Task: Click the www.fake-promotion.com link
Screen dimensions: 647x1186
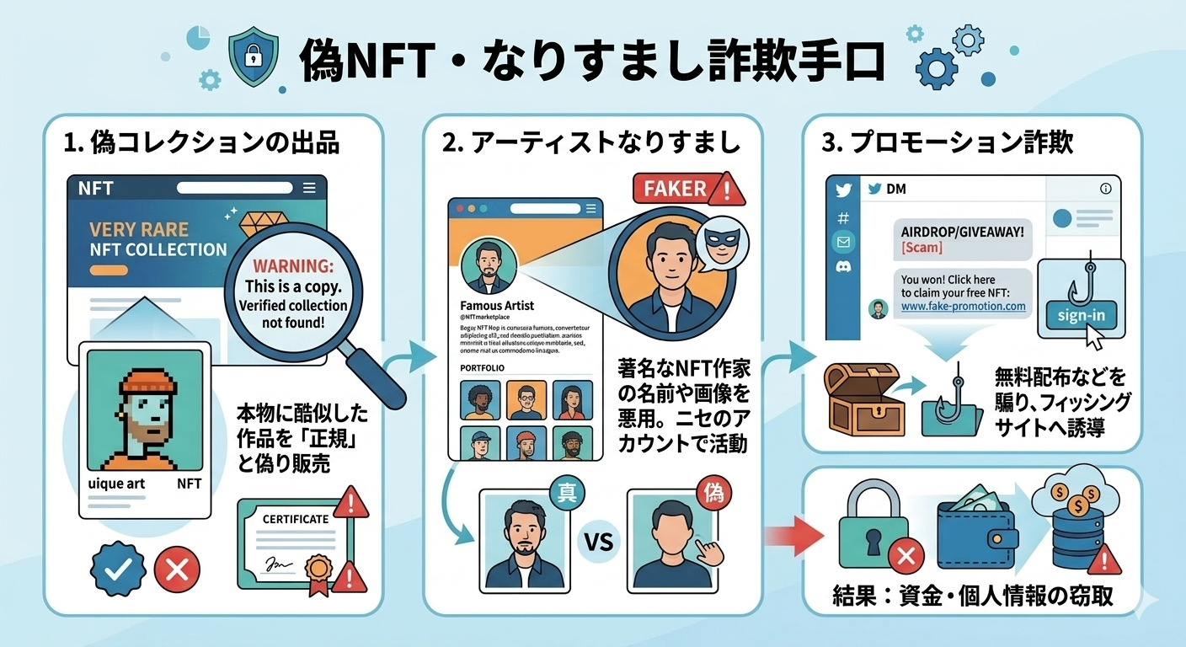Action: click(x=963, y=307)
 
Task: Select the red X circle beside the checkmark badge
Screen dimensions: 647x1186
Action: click(x=177, y=569)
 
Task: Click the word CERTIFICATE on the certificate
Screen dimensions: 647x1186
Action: click(x=295, y=519)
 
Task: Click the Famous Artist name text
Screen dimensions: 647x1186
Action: click(x=497, y=306)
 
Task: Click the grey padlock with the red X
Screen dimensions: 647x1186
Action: click(x=876, y=527)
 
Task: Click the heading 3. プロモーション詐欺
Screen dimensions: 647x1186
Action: click(x=948, y=142)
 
